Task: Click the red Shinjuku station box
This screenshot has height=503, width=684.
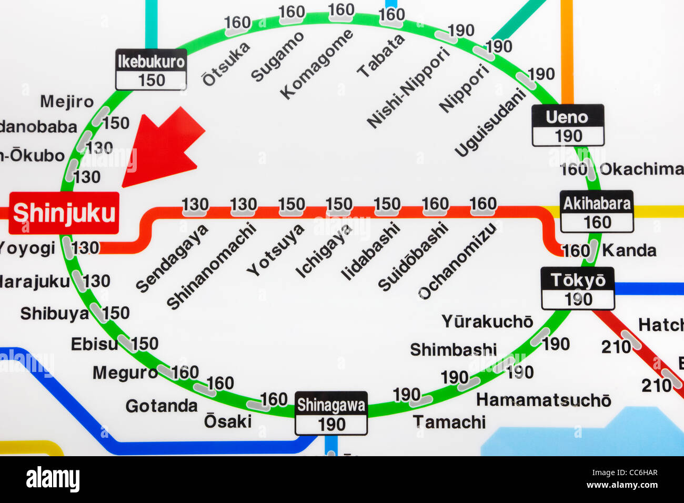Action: click(64, 213)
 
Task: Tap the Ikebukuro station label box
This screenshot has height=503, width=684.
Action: click(151, 69)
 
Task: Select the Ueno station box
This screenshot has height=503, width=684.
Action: click(567, 125)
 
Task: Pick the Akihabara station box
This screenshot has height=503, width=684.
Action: click(596, 212)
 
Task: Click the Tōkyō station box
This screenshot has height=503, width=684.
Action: click(578, 288)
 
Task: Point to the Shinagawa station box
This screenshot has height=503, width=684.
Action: click(331, 413)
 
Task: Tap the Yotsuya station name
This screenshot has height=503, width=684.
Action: click(276, 249)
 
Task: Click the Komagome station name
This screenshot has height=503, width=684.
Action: click(316, 64)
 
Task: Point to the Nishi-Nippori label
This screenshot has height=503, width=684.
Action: click(408, 87)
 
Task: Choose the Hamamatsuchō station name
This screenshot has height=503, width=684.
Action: click(544, 400)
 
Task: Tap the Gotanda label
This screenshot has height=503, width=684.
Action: click(161, 406)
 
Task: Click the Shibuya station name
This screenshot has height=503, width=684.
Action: click(54, 314)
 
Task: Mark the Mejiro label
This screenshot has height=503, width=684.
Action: click(67, 101)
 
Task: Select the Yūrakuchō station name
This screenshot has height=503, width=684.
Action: click(487, 321)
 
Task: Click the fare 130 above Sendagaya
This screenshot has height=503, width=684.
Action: click(195, 204)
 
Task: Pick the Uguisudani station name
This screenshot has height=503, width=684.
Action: click(490, 122)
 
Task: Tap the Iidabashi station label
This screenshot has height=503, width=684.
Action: click(370, 250)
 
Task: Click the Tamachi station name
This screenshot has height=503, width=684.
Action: click(449, 422)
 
